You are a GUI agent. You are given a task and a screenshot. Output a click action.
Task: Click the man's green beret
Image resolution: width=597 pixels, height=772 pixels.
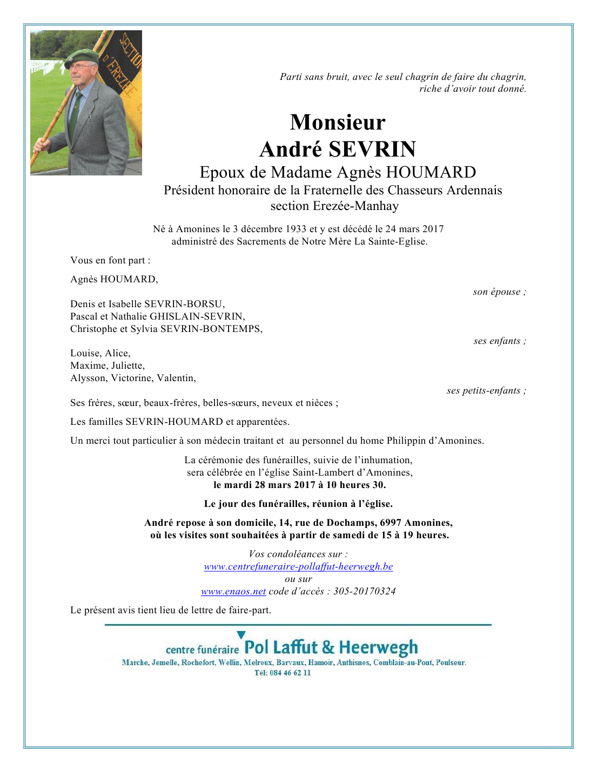(x=82, y=56)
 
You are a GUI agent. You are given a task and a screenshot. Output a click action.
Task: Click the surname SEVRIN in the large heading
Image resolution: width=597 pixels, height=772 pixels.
(x=373, y=149)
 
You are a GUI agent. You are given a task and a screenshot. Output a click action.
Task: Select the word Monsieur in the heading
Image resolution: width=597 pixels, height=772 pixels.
(x=338, y=122)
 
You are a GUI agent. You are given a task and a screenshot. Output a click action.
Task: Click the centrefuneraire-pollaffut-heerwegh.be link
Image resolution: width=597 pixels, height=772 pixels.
(x=298, y=566)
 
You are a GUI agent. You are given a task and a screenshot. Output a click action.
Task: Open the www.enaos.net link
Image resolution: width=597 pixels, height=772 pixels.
(x=233, y=591)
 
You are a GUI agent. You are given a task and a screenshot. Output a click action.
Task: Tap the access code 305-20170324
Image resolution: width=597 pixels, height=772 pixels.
(x=364, y=591)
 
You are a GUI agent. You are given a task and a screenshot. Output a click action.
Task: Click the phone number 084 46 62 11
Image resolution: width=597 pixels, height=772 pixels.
(x=290, y=673)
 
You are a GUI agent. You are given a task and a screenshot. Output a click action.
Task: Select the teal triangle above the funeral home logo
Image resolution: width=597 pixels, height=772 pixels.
(x=241, y=635)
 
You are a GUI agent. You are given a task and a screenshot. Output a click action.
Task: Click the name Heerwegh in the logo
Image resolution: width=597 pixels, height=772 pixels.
(x=378, y=647)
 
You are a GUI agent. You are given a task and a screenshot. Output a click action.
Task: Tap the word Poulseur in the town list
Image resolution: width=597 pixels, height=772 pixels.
(x=451, y=662)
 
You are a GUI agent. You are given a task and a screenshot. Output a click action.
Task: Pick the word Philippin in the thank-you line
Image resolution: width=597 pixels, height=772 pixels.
(x=407, y=441)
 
